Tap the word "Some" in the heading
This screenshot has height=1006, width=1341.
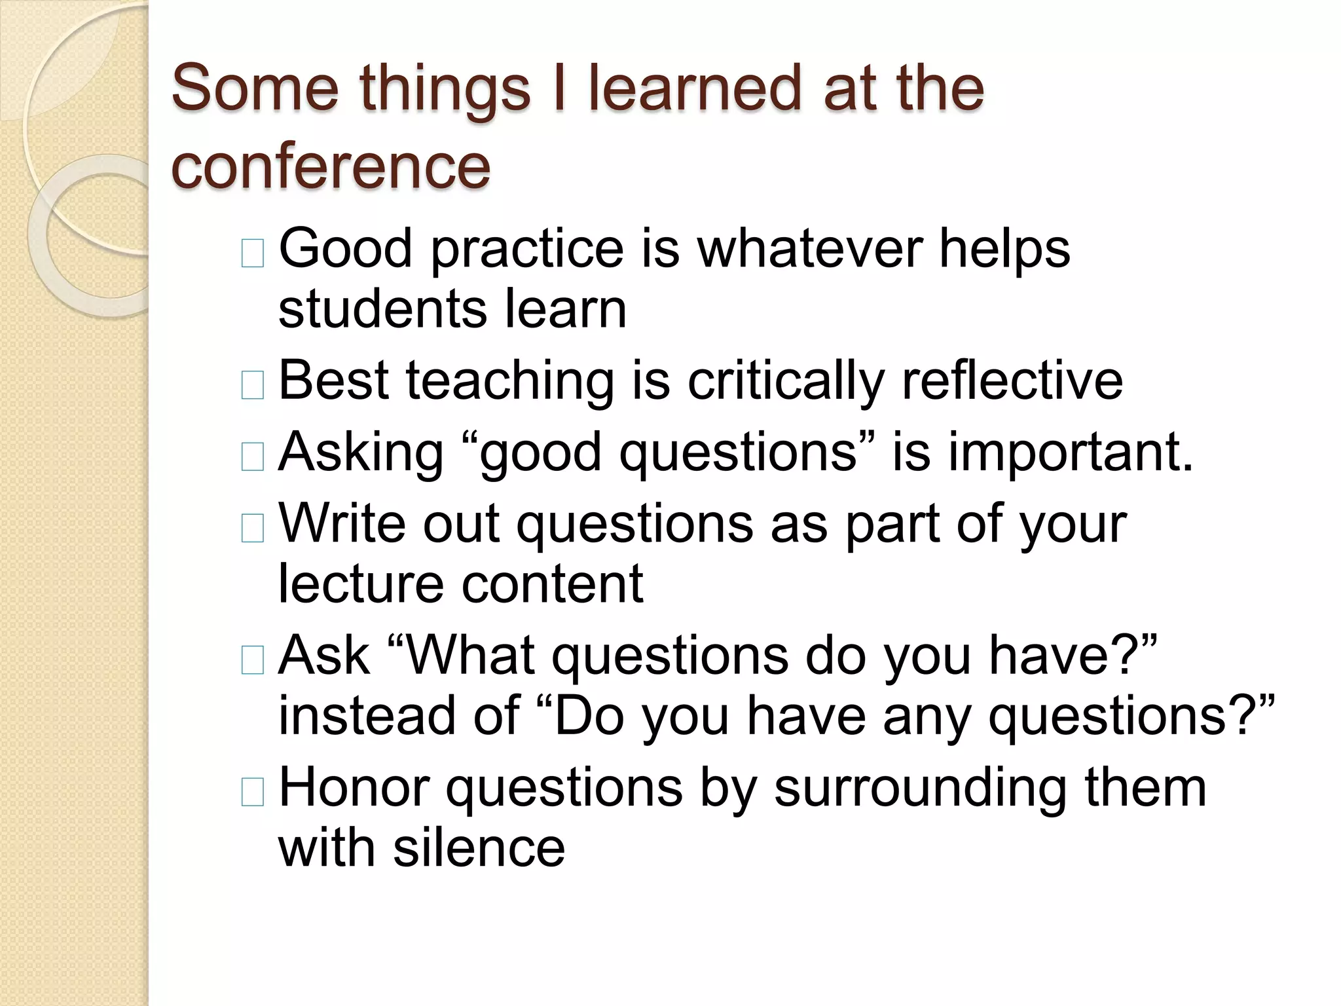tap(255, 88)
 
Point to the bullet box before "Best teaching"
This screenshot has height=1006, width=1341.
tap(252, 384)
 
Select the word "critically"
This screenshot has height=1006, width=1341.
tap(786, 381)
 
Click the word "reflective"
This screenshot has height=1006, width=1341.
tap(1012, 381)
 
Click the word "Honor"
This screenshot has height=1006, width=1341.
tap(354, 787)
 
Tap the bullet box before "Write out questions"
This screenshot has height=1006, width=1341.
tap(252, 528)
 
